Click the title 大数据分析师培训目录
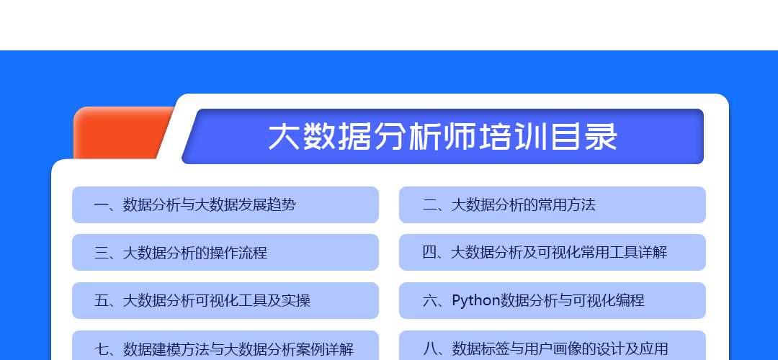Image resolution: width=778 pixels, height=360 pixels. pos(442,137)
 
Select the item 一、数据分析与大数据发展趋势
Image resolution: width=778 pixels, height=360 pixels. pos(225,204)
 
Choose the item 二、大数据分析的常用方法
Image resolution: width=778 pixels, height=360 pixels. pos(553,204)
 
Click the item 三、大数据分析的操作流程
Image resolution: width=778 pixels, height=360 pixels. pos(225,253)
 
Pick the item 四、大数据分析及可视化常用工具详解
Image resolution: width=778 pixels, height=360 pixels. pos(553,253)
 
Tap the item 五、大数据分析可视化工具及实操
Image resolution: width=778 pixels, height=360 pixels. pos(225,300)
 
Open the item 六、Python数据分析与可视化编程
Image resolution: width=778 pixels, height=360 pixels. pos(553,300)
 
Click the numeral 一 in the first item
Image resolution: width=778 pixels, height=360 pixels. pos(102,204)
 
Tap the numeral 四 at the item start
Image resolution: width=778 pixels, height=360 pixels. pos(429,253)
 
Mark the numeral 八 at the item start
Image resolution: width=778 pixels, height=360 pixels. pos(429,348)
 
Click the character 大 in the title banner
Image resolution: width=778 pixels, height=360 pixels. pos(284,137)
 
